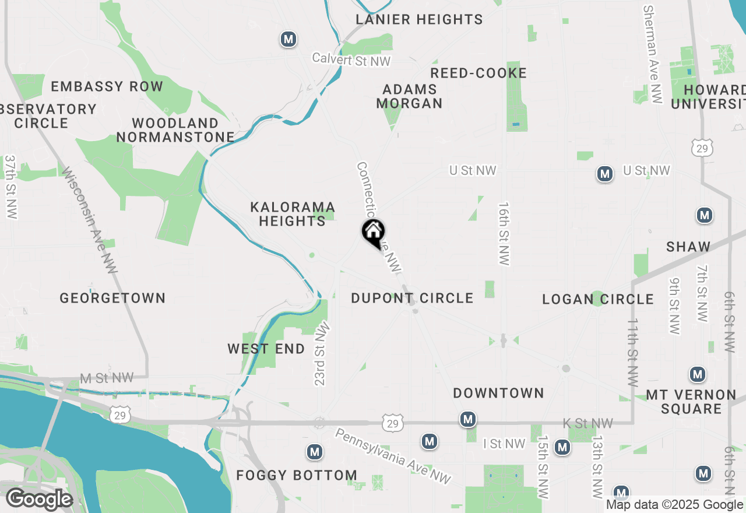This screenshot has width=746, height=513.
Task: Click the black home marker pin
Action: pyautogui.click(x=373, y=233)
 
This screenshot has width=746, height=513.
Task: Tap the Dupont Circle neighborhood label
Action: pyautogui.click(x=412, y=298)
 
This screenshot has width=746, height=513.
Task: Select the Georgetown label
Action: pyautogui.click(x=112, y=298)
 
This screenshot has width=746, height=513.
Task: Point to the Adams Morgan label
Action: pyautogui.click(x=410, y=96)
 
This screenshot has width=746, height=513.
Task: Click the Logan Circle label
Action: pyautogui.click(x=598, y=299)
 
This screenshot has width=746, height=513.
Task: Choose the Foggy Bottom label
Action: pyautogui.click(x=297, y=475)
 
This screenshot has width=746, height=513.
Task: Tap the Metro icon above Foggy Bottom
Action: pyautogui.click(x=315, y=452)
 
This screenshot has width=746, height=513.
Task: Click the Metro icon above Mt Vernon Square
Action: pyautogui.click(x=697, y=374)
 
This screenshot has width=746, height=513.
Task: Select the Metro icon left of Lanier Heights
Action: pyautogui.click(x=288, y=39)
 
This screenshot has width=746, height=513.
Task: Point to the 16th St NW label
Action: pyautogui.click(x=504, y=234)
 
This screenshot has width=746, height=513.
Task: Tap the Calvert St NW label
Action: pyautogui.click(x=351, y=59)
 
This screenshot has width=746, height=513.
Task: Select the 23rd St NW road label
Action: pyautogui.click(x=321, y=355)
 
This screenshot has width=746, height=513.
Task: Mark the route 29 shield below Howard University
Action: pyautogui.click(x=702, y=149)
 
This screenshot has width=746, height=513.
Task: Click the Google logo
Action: pyautogui.click(x=40, y=500)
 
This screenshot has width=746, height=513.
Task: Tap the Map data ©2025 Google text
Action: pyautogui.click(x=674, y=505)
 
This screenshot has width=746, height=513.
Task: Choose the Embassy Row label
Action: pyautogui.click(x=107, y=87)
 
